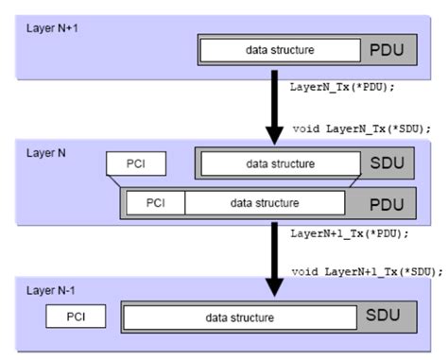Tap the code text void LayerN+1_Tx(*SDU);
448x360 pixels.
(367, 272)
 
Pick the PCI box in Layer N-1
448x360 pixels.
(76, 316)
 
